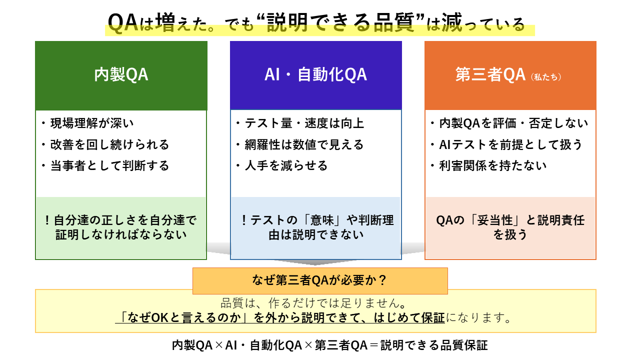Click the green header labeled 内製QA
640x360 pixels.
point(121,75)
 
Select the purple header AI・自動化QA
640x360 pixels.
point(315,75)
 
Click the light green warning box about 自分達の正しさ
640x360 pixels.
point(121,227)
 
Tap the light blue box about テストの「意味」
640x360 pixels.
point(315,227)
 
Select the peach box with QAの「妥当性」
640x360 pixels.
point(510,227)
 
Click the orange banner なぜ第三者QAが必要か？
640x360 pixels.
point(320,280)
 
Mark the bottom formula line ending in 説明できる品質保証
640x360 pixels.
point(329,345)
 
